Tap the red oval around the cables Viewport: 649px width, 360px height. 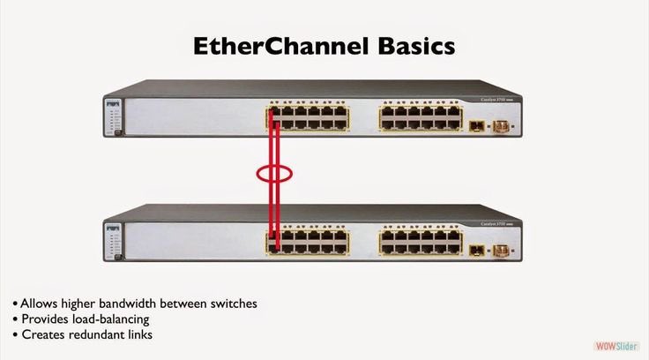[274, 174]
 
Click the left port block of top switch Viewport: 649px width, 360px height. [309, 117]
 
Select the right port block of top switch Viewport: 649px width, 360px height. [417, 117]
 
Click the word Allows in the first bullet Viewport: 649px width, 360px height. [38, 303]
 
